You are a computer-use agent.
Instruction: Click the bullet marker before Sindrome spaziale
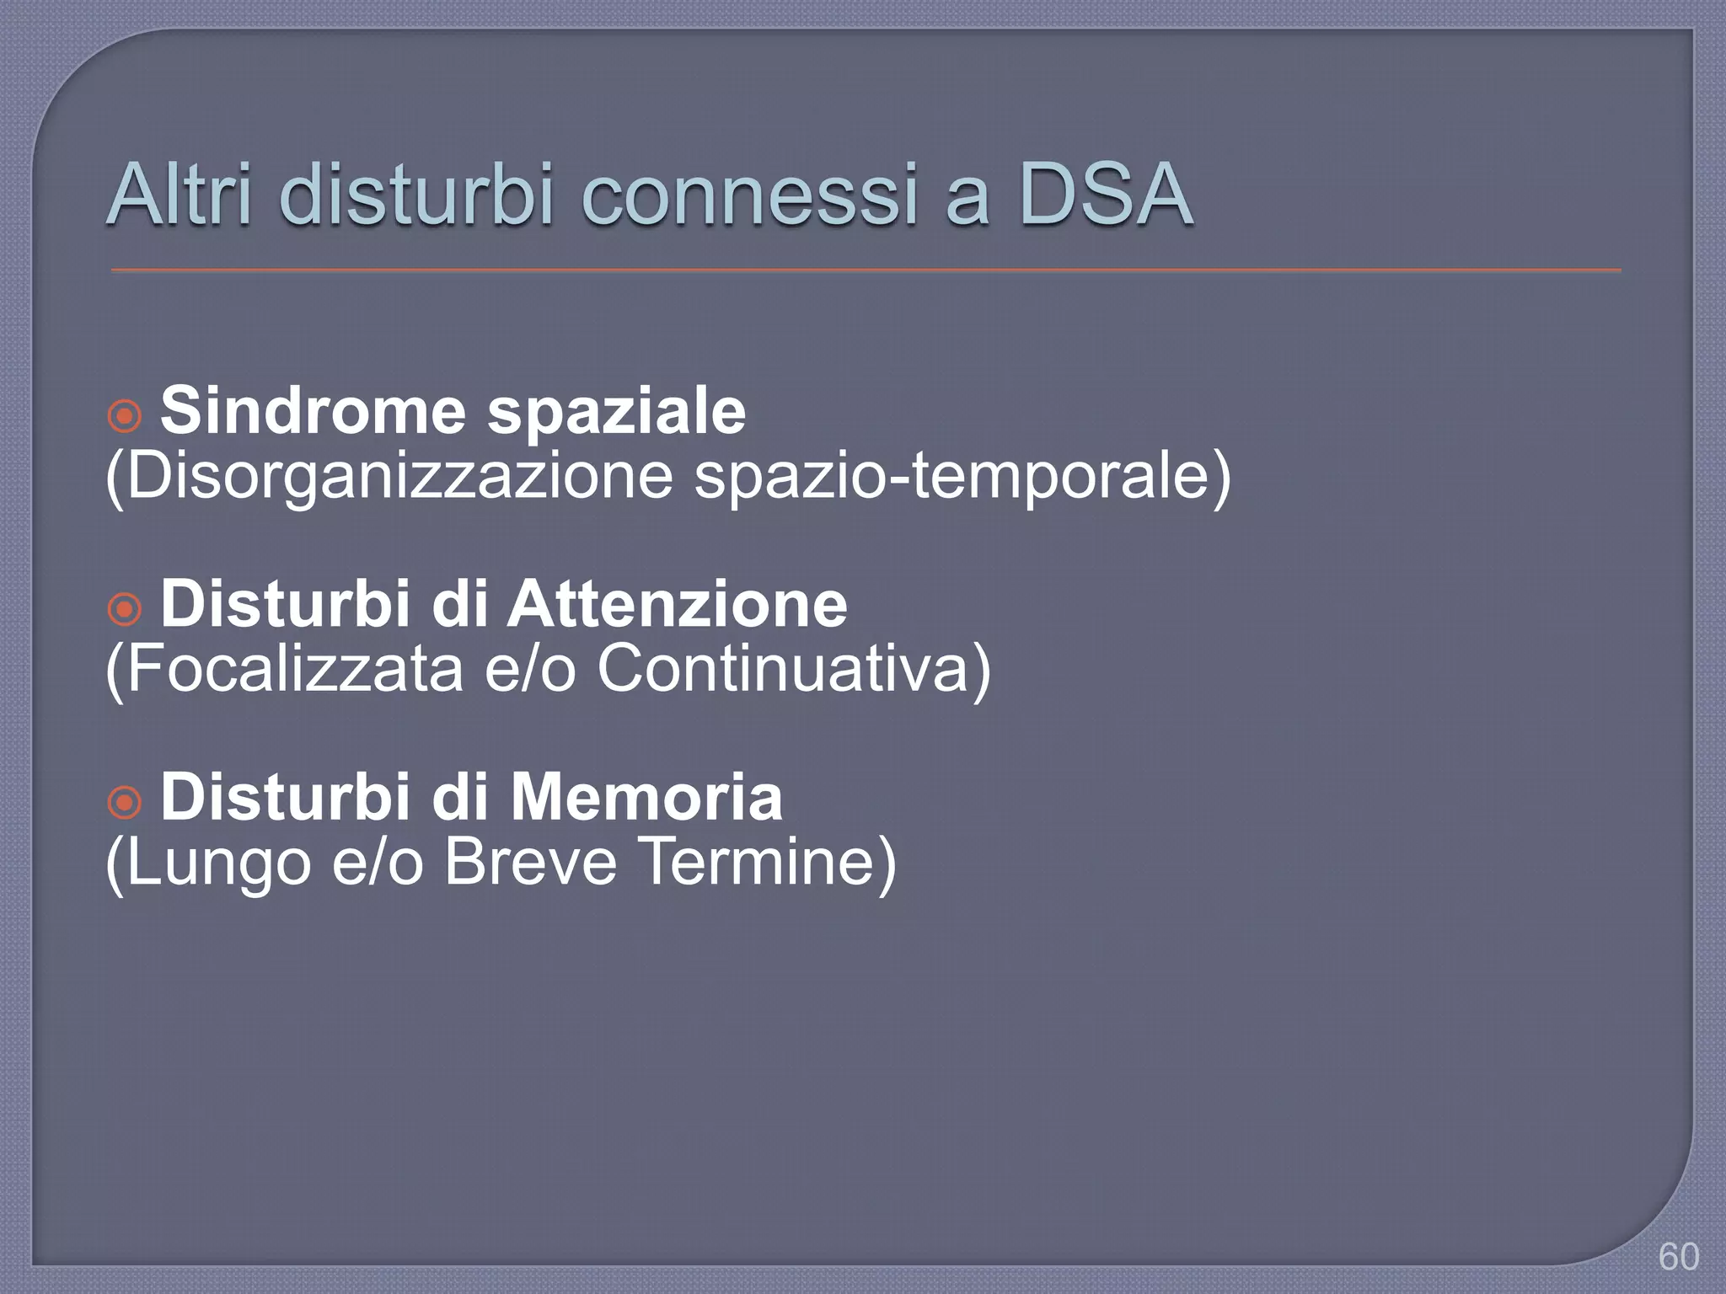point(125,415)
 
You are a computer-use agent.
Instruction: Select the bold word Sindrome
point(313,411)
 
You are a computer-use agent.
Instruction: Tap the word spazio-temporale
point(961,478)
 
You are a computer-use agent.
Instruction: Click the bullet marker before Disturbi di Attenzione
point(125,608)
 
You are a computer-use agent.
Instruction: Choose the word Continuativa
point(792,669)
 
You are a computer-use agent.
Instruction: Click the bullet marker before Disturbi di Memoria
point(125,802)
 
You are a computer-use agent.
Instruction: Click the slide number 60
point(1678,1257)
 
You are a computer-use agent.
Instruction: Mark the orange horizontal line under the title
point(866,270)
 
